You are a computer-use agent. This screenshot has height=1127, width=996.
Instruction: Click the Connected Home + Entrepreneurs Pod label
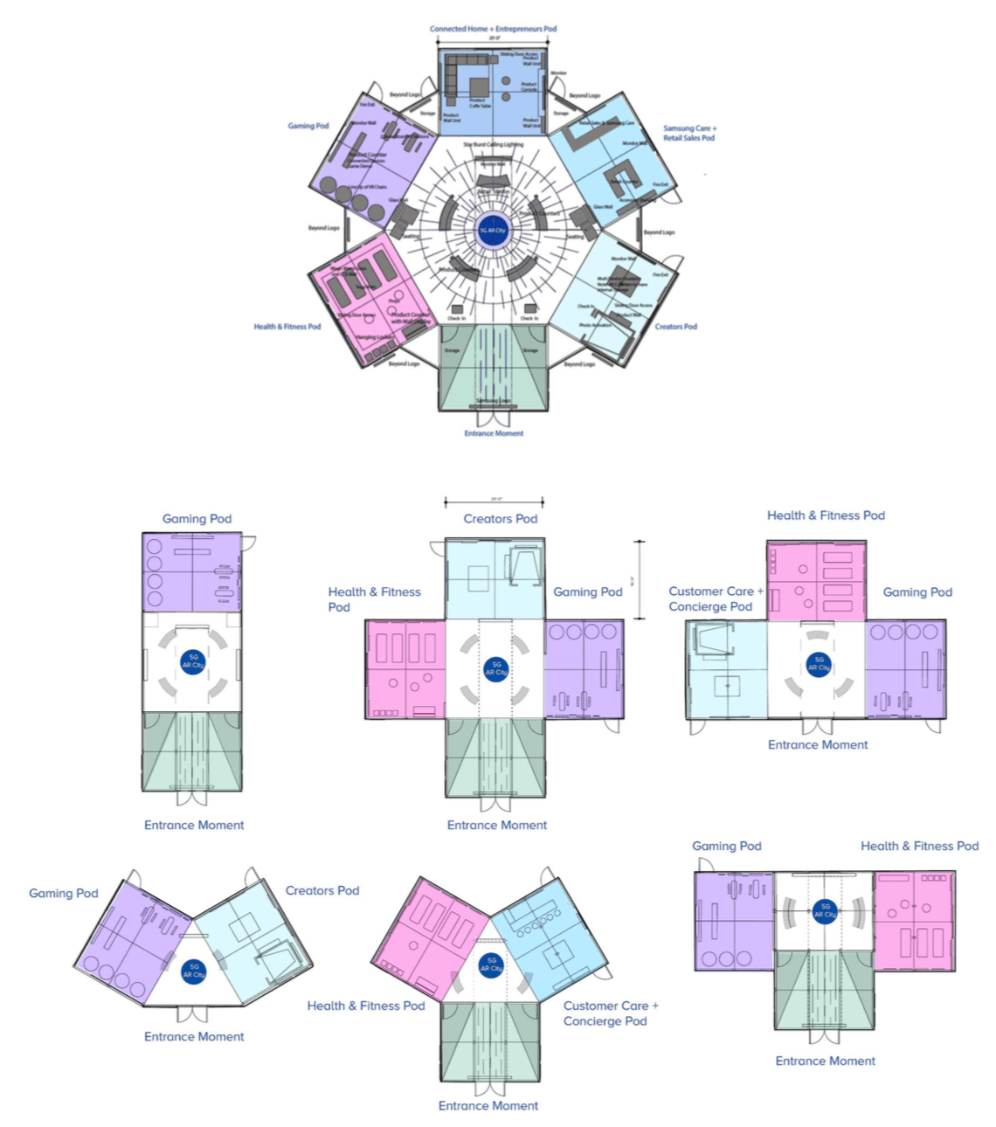(x=493, y=29)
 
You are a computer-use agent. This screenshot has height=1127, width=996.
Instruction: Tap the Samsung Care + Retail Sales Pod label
(x=689, y=133)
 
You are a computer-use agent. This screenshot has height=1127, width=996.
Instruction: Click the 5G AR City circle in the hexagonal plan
(x=493, y=231)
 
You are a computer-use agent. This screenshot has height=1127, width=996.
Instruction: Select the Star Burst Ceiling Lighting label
(x=493, y=144)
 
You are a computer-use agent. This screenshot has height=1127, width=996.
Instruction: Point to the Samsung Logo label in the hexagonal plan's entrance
(x=494, y=401)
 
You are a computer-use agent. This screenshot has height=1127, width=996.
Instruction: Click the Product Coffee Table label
(x=480, y=103)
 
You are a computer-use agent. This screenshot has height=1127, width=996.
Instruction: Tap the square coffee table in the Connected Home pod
(x=479, y=87)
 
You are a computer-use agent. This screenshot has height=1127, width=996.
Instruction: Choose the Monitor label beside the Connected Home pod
(x=558, y=73)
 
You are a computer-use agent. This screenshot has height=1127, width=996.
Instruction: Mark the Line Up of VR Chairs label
(x=367, y=187)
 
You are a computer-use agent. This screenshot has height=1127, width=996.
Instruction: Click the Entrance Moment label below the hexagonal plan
(x=494, y=433)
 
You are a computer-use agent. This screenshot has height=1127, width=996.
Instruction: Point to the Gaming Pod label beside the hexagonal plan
(x=308, y=126)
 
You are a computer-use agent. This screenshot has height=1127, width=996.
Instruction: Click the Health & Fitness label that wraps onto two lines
(x=374, y=599)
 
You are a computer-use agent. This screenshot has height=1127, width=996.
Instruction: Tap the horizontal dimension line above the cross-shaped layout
(x=494, y=502)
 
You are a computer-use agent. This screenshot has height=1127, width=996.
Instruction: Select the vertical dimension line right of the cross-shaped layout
(x=641, y=580)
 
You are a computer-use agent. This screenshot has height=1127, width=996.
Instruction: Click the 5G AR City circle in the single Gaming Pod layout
(x=192, y=661)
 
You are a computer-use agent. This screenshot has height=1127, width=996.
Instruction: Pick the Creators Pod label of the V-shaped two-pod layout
(x=322, y=891)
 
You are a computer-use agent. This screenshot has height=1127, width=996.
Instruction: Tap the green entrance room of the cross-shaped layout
(x=495, y=757)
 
